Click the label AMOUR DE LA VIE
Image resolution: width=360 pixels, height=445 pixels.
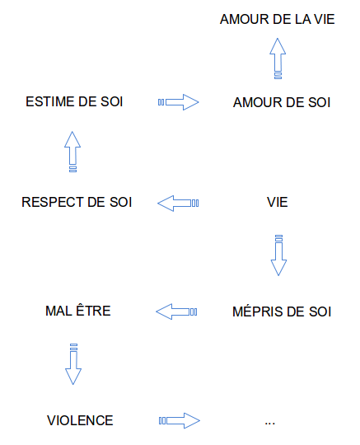[277, 19]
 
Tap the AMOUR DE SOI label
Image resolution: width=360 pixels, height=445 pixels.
[282, 102]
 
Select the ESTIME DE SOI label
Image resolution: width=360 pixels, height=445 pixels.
[74, 101]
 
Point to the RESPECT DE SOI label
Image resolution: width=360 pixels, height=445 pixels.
[77, 202]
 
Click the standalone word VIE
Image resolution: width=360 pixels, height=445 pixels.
[277, 202]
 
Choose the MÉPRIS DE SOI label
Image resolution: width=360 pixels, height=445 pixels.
[282, 311]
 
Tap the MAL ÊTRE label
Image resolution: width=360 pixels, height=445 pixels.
[78, 310]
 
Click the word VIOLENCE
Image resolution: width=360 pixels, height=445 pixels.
[80, 420]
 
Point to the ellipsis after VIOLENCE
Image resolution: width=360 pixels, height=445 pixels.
[269, 424]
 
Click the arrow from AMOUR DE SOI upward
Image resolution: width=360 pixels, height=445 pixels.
[278, 59]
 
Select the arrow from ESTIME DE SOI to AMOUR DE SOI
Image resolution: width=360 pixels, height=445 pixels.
[179, 102]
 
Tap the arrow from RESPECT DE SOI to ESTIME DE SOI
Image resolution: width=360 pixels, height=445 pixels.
[72, 152]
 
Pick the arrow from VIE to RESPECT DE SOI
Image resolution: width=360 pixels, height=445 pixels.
[178, 204]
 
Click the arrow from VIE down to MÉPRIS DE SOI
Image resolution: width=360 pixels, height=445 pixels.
[278, 255]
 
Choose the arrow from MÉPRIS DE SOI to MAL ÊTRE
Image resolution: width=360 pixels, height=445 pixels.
[176, 311]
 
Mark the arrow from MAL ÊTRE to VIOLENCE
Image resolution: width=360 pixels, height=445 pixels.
[73, 364]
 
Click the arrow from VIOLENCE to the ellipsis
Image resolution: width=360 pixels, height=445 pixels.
[180, 420]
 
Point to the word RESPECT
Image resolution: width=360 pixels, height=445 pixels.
[53, 202]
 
